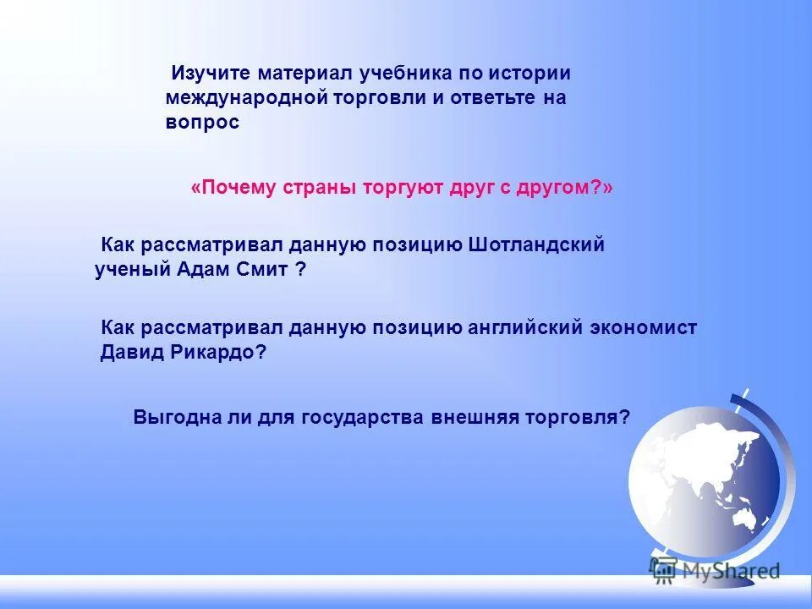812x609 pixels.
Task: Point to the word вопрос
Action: pos(202,123)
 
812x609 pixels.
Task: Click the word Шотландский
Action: pos(536,245)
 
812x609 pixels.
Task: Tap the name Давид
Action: pos(127,353)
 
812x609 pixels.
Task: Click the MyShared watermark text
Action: pos(731,570)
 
